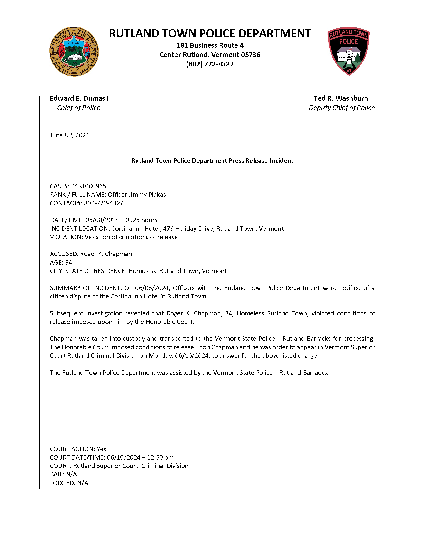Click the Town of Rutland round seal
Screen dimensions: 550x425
pos(74,52)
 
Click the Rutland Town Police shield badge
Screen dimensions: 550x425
pos(349,51)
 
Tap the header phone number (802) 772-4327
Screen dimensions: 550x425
pos(210,64)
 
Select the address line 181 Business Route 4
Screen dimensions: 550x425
pos(210,46)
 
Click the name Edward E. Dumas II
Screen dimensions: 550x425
pos(80,98)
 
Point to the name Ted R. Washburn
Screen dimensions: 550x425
pos(341,98)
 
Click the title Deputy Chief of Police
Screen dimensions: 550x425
pos(342,108)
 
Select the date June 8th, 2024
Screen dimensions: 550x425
pos(69,135)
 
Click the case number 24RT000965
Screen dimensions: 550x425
pos(89,186)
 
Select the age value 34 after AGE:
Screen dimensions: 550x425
pos(68,263)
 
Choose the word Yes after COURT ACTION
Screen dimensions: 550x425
pos(101,449)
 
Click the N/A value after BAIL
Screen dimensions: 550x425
pos(72,475)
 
